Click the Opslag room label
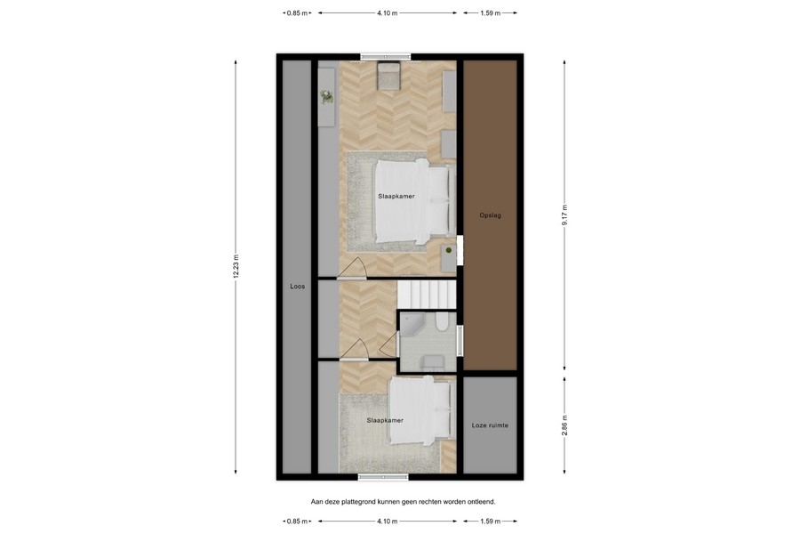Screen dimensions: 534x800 [x=490, y=215]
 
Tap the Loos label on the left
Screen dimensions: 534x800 [x=297, y=287]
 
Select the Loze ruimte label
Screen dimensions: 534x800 [x=490, y=425]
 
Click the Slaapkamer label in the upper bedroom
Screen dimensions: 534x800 [x=396, y=196]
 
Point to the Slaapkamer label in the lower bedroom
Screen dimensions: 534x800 [x=385, y=420]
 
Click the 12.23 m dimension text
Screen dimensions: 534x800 [x=236, y=267]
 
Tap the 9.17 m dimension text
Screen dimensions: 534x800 [x=564, y=215]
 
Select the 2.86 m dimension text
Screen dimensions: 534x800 [x=564, y=425]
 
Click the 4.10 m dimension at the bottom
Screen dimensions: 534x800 [x=387, y=521]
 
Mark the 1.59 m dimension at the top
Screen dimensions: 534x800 [x=490, y=13]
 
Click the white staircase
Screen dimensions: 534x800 [x=426, y=293]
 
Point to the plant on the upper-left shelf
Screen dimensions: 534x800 [x=326, y=95]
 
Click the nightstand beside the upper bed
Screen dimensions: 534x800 [x=450, y=253]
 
